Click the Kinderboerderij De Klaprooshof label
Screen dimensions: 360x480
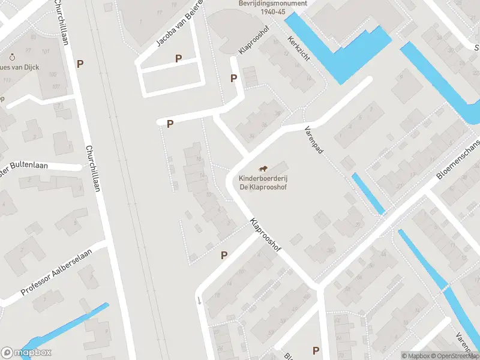point(263,183)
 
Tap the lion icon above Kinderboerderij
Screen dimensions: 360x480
point(263,169)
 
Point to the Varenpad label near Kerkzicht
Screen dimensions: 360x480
point(314,140)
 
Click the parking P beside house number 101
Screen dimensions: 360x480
point(80,63)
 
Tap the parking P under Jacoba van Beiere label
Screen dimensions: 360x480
point(178,58)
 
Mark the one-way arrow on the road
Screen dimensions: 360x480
point(199,301)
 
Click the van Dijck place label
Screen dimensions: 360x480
point(21,67)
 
